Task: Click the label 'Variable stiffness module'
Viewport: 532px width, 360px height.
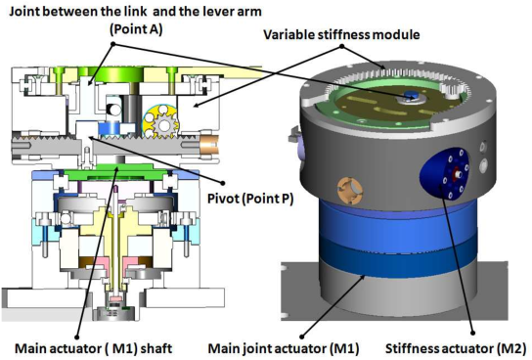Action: point(341,34)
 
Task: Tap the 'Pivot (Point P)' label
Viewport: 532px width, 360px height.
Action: point(250,199)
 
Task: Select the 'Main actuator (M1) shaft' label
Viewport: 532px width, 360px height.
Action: point(93,348)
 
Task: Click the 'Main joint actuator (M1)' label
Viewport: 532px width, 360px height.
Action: point(284,348)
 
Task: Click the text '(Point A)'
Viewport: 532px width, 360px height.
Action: point(136,29)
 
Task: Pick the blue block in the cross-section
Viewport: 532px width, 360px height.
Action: point(108,129)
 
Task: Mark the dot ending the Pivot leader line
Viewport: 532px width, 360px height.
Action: point(223,183)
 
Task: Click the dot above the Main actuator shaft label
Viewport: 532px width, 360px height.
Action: point(77,337)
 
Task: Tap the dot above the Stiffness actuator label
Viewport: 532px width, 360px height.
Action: point(473,334)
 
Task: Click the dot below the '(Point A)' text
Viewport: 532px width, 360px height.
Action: point(113,44)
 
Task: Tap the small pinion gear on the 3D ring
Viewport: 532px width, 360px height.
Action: point(450,91)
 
